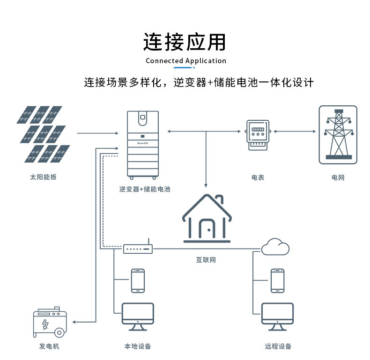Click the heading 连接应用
[185, 42]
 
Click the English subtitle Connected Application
[186, 61]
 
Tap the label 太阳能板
[43, 177]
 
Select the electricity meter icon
[258, 135]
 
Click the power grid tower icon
[338, 135]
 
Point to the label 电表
[258, 177]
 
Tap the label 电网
[338, 177]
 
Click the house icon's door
[207, 228]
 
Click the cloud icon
[275, 247]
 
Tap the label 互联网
[206, 260]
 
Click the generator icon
[50, 322]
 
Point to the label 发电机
[49, 346]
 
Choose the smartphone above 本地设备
[138, 280]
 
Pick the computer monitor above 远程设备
[277, 316]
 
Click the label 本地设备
[138, 346]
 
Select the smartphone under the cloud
[277, 280]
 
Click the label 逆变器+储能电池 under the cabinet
[145, 189]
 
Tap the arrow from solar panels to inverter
[98, 133]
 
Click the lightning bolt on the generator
[45, 324]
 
